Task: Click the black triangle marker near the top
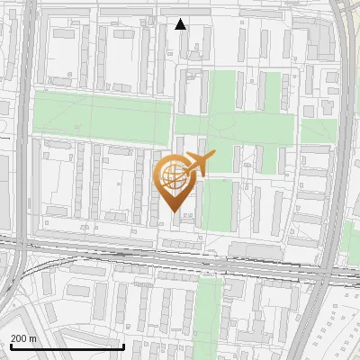coord(181,24)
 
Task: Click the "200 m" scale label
coord(23,338)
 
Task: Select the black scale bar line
coord(67,346)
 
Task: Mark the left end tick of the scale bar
coord(11,345)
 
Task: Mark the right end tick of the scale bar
coord(123,345)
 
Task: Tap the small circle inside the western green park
coord(77,126)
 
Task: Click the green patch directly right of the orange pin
coord(218,202)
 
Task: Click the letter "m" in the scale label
coord(33,338)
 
